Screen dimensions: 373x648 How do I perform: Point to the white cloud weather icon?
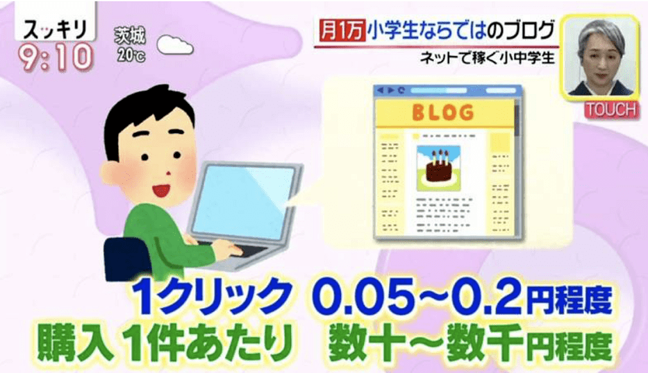click(174, 45)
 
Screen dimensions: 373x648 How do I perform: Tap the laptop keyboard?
click(235, 252)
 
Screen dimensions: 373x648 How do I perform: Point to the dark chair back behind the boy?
click(125, 257)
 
